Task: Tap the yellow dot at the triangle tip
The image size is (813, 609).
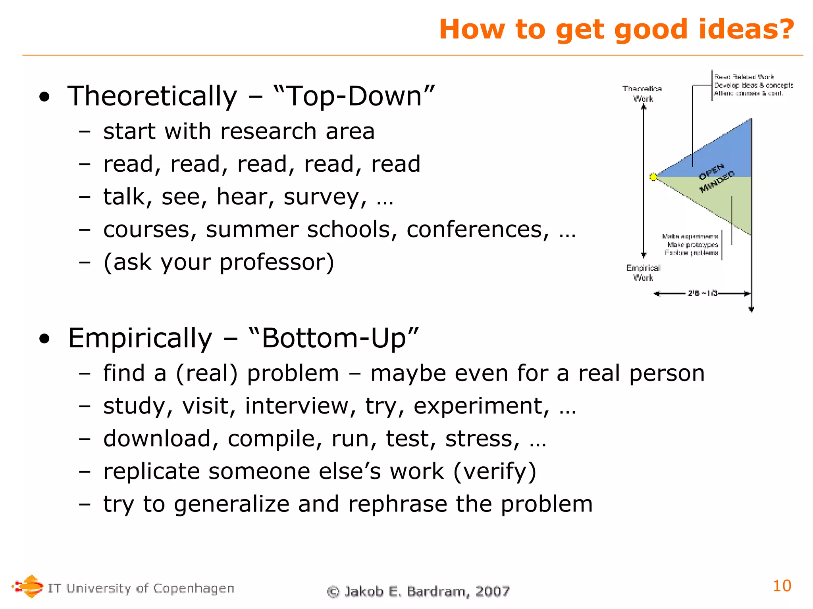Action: pyautogui.click(x=653, y=177)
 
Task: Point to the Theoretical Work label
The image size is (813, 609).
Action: pyautogui.click(x=642, y=94)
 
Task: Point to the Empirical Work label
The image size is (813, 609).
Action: pyautogui.click(x=643, y=273)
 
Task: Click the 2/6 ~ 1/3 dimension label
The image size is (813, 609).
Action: pyautogui.click(x=702, y=293)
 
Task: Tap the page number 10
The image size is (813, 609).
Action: pyautogui.click(x=782, y=586)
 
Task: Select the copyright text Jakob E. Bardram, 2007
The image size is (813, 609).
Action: pyautogui.click(x=418, y=591)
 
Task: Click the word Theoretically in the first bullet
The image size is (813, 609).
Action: pyautogui.click(x=152, y=96)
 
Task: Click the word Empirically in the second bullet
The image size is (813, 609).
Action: pyautogui.click(x=140, y=338)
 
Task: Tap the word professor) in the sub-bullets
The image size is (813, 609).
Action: pyautogui.click(x=277, y=262)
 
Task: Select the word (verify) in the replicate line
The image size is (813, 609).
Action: pyautogui.click(x=495, y=471)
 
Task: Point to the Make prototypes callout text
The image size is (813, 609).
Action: pyautogui.click(x=692, y=245)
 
